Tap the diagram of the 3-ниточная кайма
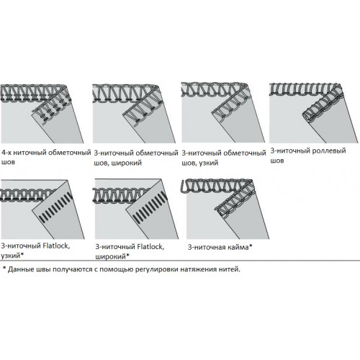click(225, 209)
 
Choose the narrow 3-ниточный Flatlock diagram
click(42, 210)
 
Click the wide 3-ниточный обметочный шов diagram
click(134, 114)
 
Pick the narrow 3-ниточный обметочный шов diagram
click(223, 112)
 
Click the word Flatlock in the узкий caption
click(56, 246)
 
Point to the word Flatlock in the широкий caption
click(150, 246)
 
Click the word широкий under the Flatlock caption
click(110, 256)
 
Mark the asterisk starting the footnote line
click(4, 268)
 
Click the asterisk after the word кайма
click(251, 246)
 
